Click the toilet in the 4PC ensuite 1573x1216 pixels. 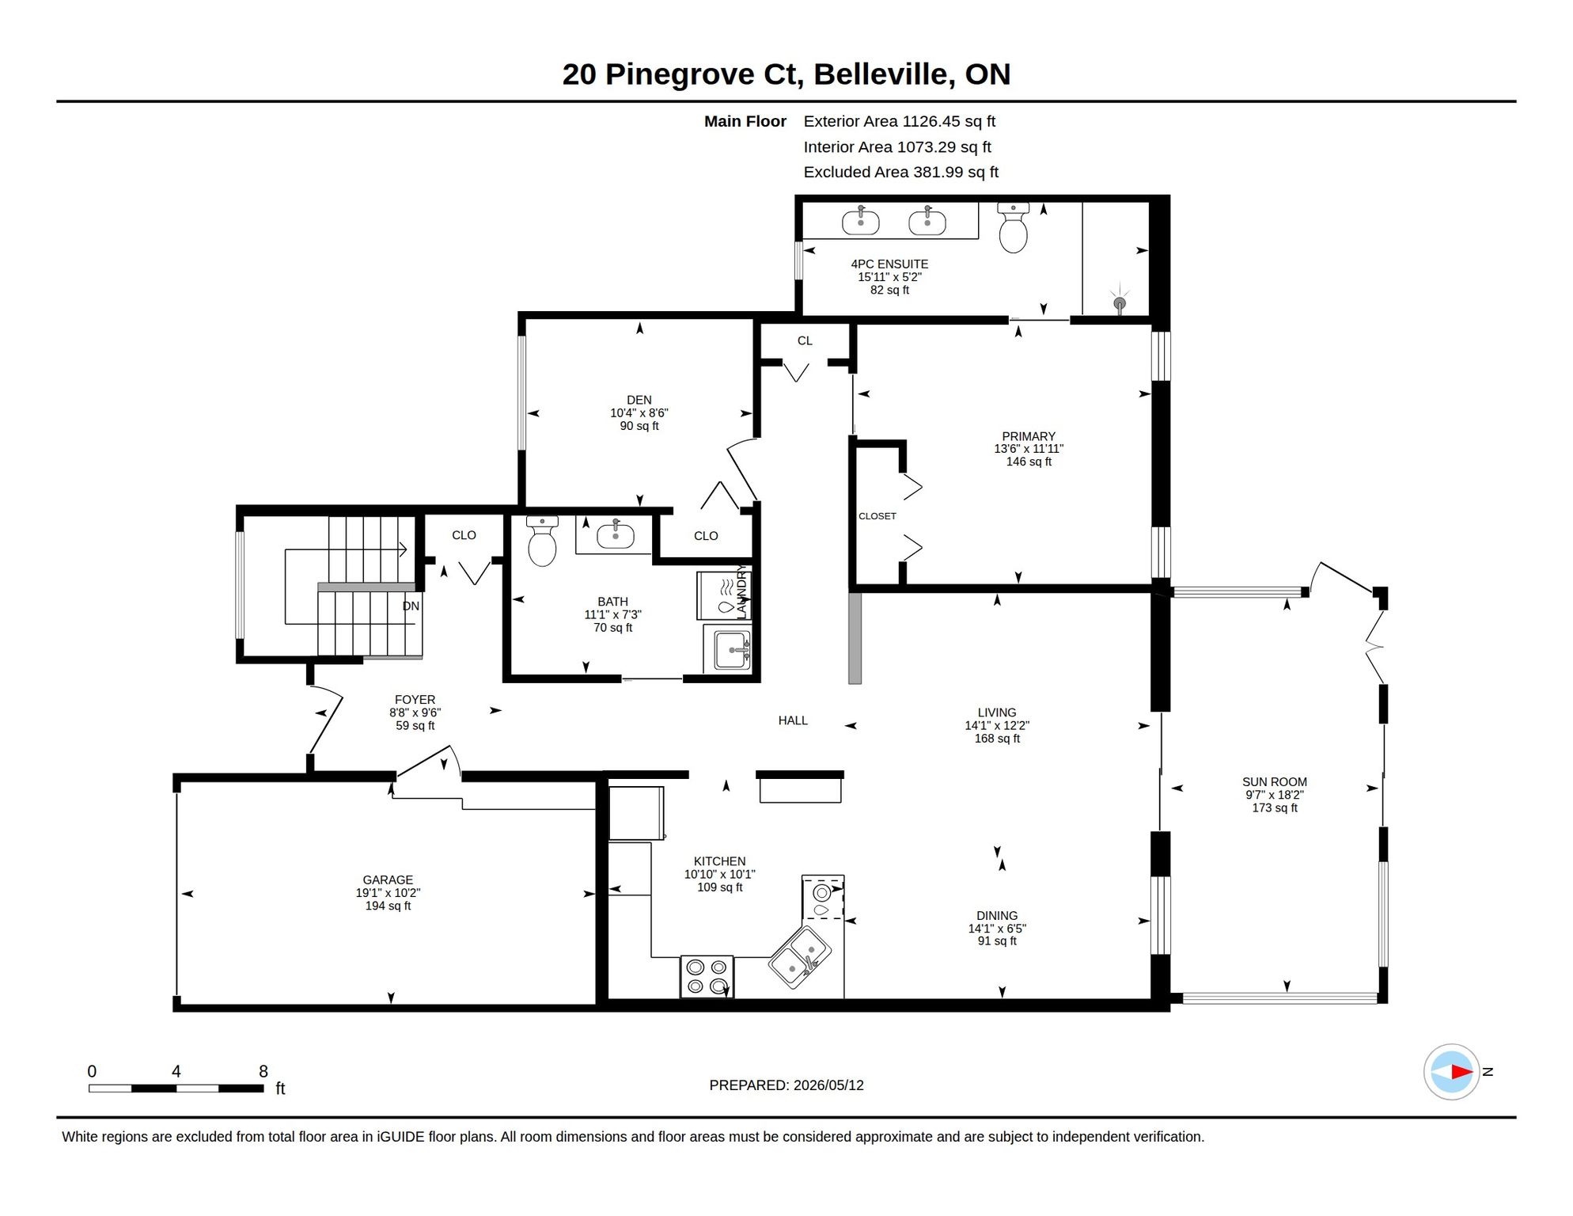pos(1013,227)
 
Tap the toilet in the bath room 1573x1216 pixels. pos(542,541)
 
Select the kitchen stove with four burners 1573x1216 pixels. pos(707,976)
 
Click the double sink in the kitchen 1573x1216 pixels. pos(799,956)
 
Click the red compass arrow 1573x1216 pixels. pos(1461,1072)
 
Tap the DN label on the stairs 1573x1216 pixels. pos(411,606)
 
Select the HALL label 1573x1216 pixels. pos(793,720)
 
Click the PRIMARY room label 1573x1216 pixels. pos(1029,436)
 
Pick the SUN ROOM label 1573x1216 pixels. pos(1275,782)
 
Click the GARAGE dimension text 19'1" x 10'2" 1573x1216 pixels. pos(388,893)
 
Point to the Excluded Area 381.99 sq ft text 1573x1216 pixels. pos(901,172)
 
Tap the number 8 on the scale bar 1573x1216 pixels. pos(263,1071)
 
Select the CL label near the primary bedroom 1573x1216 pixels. pos(805,340)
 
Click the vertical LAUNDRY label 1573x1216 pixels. pos(741,591)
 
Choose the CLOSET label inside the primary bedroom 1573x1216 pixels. pos(877,516)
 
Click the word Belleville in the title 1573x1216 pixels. pos(881,74)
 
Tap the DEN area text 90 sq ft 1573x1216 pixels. pos(639,426)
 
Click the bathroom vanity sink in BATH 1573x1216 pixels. pos(615,536)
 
